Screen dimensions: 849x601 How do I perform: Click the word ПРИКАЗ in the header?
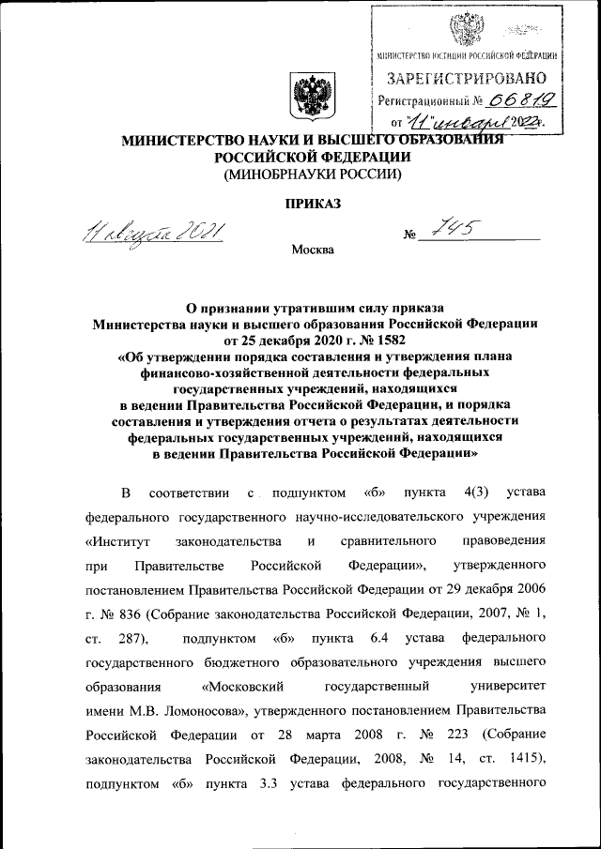[309, 203]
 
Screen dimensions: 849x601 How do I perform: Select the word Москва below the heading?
[312, 250]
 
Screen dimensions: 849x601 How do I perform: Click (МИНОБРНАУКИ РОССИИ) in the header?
[311, 174]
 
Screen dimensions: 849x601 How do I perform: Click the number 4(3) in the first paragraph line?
[462, 493]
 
